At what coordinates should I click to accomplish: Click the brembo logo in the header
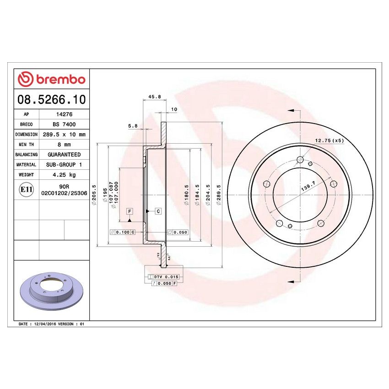[51, 79]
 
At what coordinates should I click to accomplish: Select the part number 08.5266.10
[51, 99]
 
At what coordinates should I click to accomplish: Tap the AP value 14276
[64, 115]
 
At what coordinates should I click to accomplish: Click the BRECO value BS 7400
[64, 124]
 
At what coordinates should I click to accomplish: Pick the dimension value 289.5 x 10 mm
[64, 135]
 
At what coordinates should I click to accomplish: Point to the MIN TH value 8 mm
[64, 145]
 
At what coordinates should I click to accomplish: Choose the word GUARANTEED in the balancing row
[64, 155]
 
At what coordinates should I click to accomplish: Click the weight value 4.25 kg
[64, 175]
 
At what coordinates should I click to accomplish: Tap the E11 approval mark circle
[26, 189]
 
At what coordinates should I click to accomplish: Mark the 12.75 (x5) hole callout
[329, 140]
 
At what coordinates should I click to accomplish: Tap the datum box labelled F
[130, 211]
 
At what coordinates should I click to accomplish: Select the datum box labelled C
[157, 211]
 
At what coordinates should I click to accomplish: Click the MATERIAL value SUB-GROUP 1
[64, 165]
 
